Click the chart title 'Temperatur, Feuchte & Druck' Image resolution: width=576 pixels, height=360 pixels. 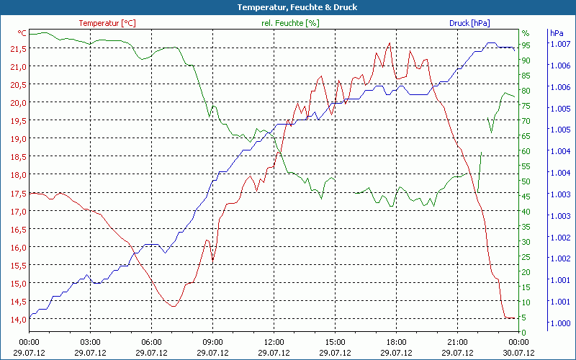(287, 7)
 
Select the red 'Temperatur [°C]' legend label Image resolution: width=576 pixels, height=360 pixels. (107, 23)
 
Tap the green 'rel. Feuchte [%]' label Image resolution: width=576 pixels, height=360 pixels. (290, 23)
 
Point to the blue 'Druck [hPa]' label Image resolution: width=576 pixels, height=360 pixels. (469, 23)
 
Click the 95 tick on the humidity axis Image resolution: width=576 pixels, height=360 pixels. (526, 45)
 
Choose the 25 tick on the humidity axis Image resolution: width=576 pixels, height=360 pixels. (526, 256)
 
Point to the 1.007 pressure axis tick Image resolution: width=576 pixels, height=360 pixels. (560, 44)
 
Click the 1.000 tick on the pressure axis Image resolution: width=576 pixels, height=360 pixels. (560, 323)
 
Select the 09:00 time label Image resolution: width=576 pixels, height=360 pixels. (212, 342)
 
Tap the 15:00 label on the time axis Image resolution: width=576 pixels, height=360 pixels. (335, 342)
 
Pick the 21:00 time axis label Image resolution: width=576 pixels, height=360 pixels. (457, 342)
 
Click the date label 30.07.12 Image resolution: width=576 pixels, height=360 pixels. (518, 353)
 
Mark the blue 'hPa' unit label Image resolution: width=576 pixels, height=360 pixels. (557, 33)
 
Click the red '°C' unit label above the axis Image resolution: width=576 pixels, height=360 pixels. (22, 33)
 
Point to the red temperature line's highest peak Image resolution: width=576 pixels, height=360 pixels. (390, 42)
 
